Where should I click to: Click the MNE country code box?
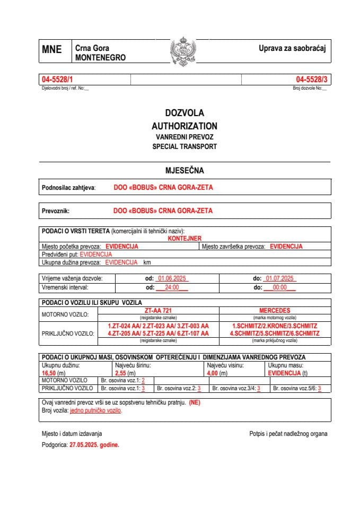(52, 50)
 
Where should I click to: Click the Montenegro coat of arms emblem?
(183, 51)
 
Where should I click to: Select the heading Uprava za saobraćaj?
(292, 49)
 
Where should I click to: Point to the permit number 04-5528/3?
(312, 80)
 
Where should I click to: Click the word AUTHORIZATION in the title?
(184, 126)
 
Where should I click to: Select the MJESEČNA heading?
(184, 171)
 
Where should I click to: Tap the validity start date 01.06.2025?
(170, 278)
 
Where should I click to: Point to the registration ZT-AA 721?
(159, 310)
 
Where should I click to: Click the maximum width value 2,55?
(122, 373)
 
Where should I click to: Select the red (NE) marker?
(195, 403)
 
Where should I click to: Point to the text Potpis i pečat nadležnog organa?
(288, 434)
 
